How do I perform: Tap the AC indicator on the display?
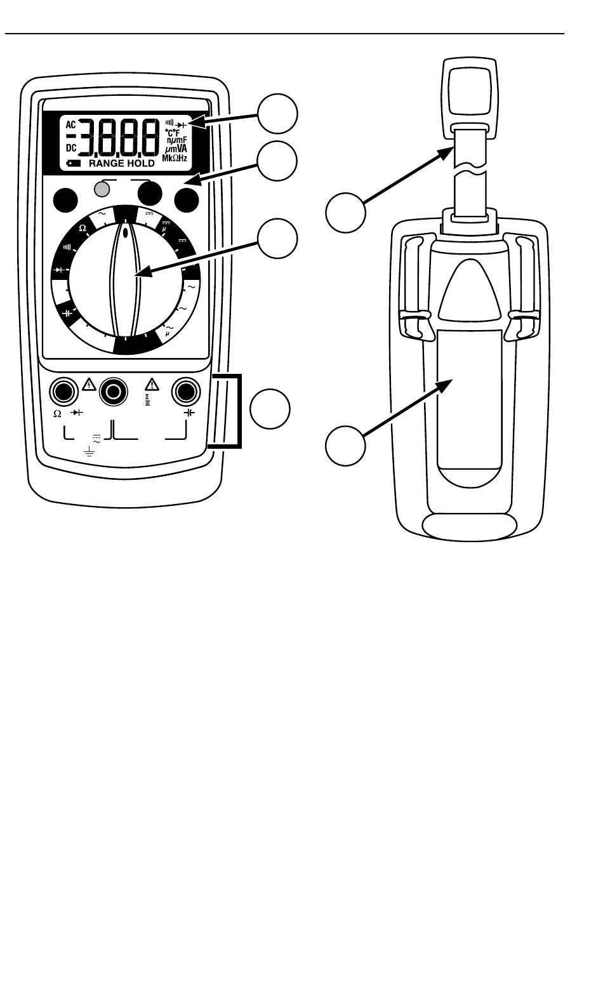(x=71, y=124)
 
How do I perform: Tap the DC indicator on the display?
(x=71, y=147)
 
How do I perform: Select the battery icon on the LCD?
(x=74, y=163)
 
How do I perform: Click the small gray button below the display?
(x=101, y=188)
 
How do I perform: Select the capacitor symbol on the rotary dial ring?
(x=68, y=313)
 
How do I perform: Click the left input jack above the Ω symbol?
(x=63, y=392)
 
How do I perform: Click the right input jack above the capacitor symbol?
(x=187, y=392)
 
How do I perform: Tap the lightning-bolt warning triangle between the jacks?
(x=89, y=384)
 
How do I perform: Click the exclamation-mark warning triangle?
(x=152, y=384)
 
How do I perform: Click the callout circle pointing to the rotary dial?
(x=277, y=239)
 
